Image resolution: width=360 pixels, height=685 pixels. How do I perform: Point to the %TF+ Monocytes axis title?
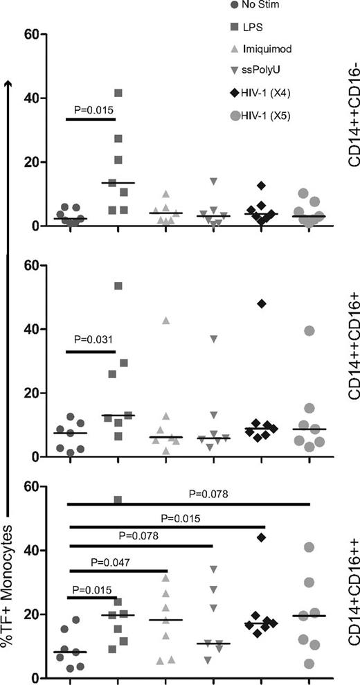tap(10, 589)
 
